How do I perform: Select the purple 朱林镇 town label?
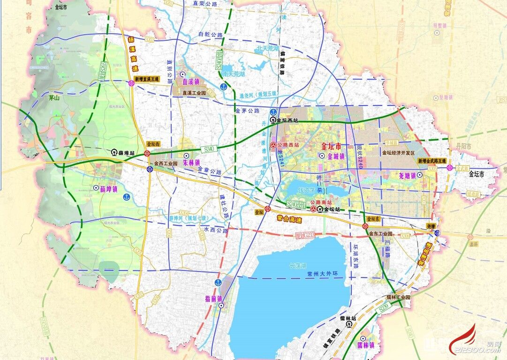pos(191,163)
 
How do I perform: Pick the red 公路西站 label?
pos(288,145)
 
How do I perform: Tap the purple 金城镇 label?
pos(336,156)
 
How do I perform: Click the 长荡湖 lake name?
pos(298,266)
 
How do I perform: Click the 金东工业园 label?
pos(380,233)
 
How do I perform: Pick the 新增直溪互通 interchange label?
pos(147,79)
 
